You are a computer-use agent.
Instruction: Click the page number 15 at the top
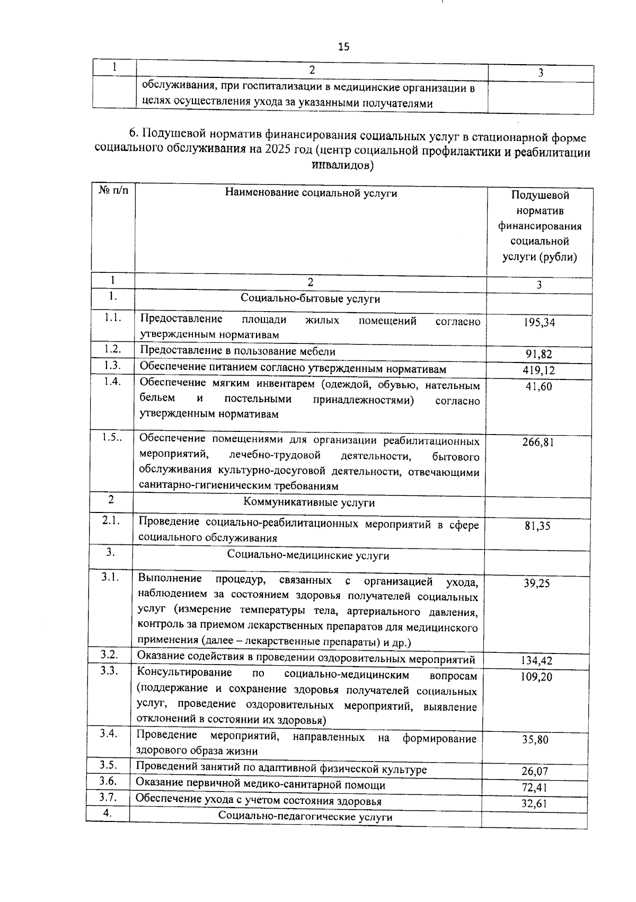pyautogui.click(x=343, y=47)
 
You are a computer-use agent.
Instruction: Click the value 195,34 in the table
pyautogui.click(x=540, y=322)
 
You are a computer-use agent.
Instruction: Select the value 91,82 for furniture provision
pyautogui.click(x=539, y=355)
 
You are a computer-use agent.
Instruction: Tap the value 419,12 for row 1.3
pyautogui.click(x=539, y=370)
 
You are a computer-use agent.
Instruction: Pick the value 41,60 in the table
pyautogui.click(x=539, y=387)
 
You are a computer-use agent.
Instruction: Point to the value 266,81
pyautogui.click(x=538, y=442)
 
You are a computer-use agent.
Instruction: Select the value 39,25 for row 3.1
pyautogui.click(x=537, y=583)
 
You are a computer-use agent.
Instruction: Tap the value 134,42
pyautogui.click(x=536, y=661)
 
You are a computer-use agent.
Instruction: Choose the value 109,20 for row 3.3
pyautogui.click(x=536, y=677)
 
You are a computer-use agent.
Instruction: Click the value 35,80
pyautogui.click(x=535, y=740)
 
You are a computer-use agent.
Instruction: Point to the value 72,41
pyautogui.click(x=534, y=788)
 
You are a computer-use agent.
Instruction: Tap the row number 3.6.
pyautogui.click(x=108, y=781)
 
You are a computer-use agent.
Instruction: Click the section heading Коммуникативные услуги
pyautogui.click(x=309, y=502)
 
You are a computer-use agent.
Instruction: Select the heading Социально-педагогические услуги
pyautogui.click(x=305, y=817)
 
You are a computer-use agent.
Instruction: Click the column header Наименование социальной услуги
pyautogui.click(x=311, y=193)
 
